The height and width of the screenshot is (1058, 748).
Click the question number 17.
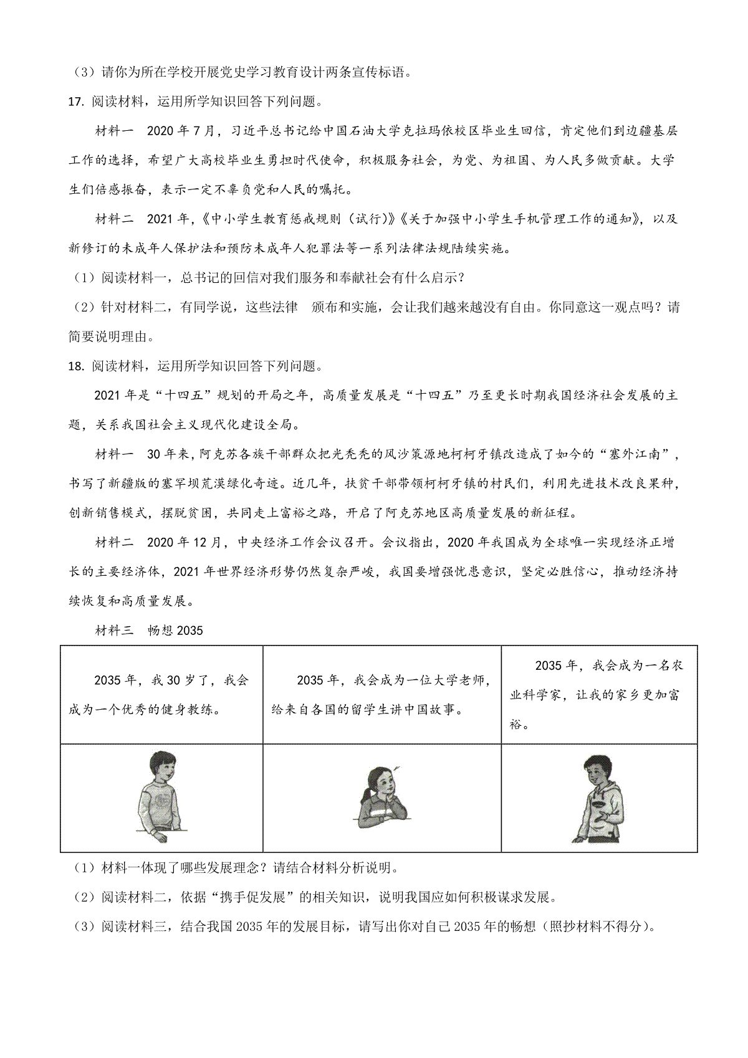pyautogui.click(x=77, y=102)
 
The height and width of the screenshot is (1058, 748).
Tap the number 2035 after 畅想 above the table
pyautogui.click(x=189, y=631)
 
